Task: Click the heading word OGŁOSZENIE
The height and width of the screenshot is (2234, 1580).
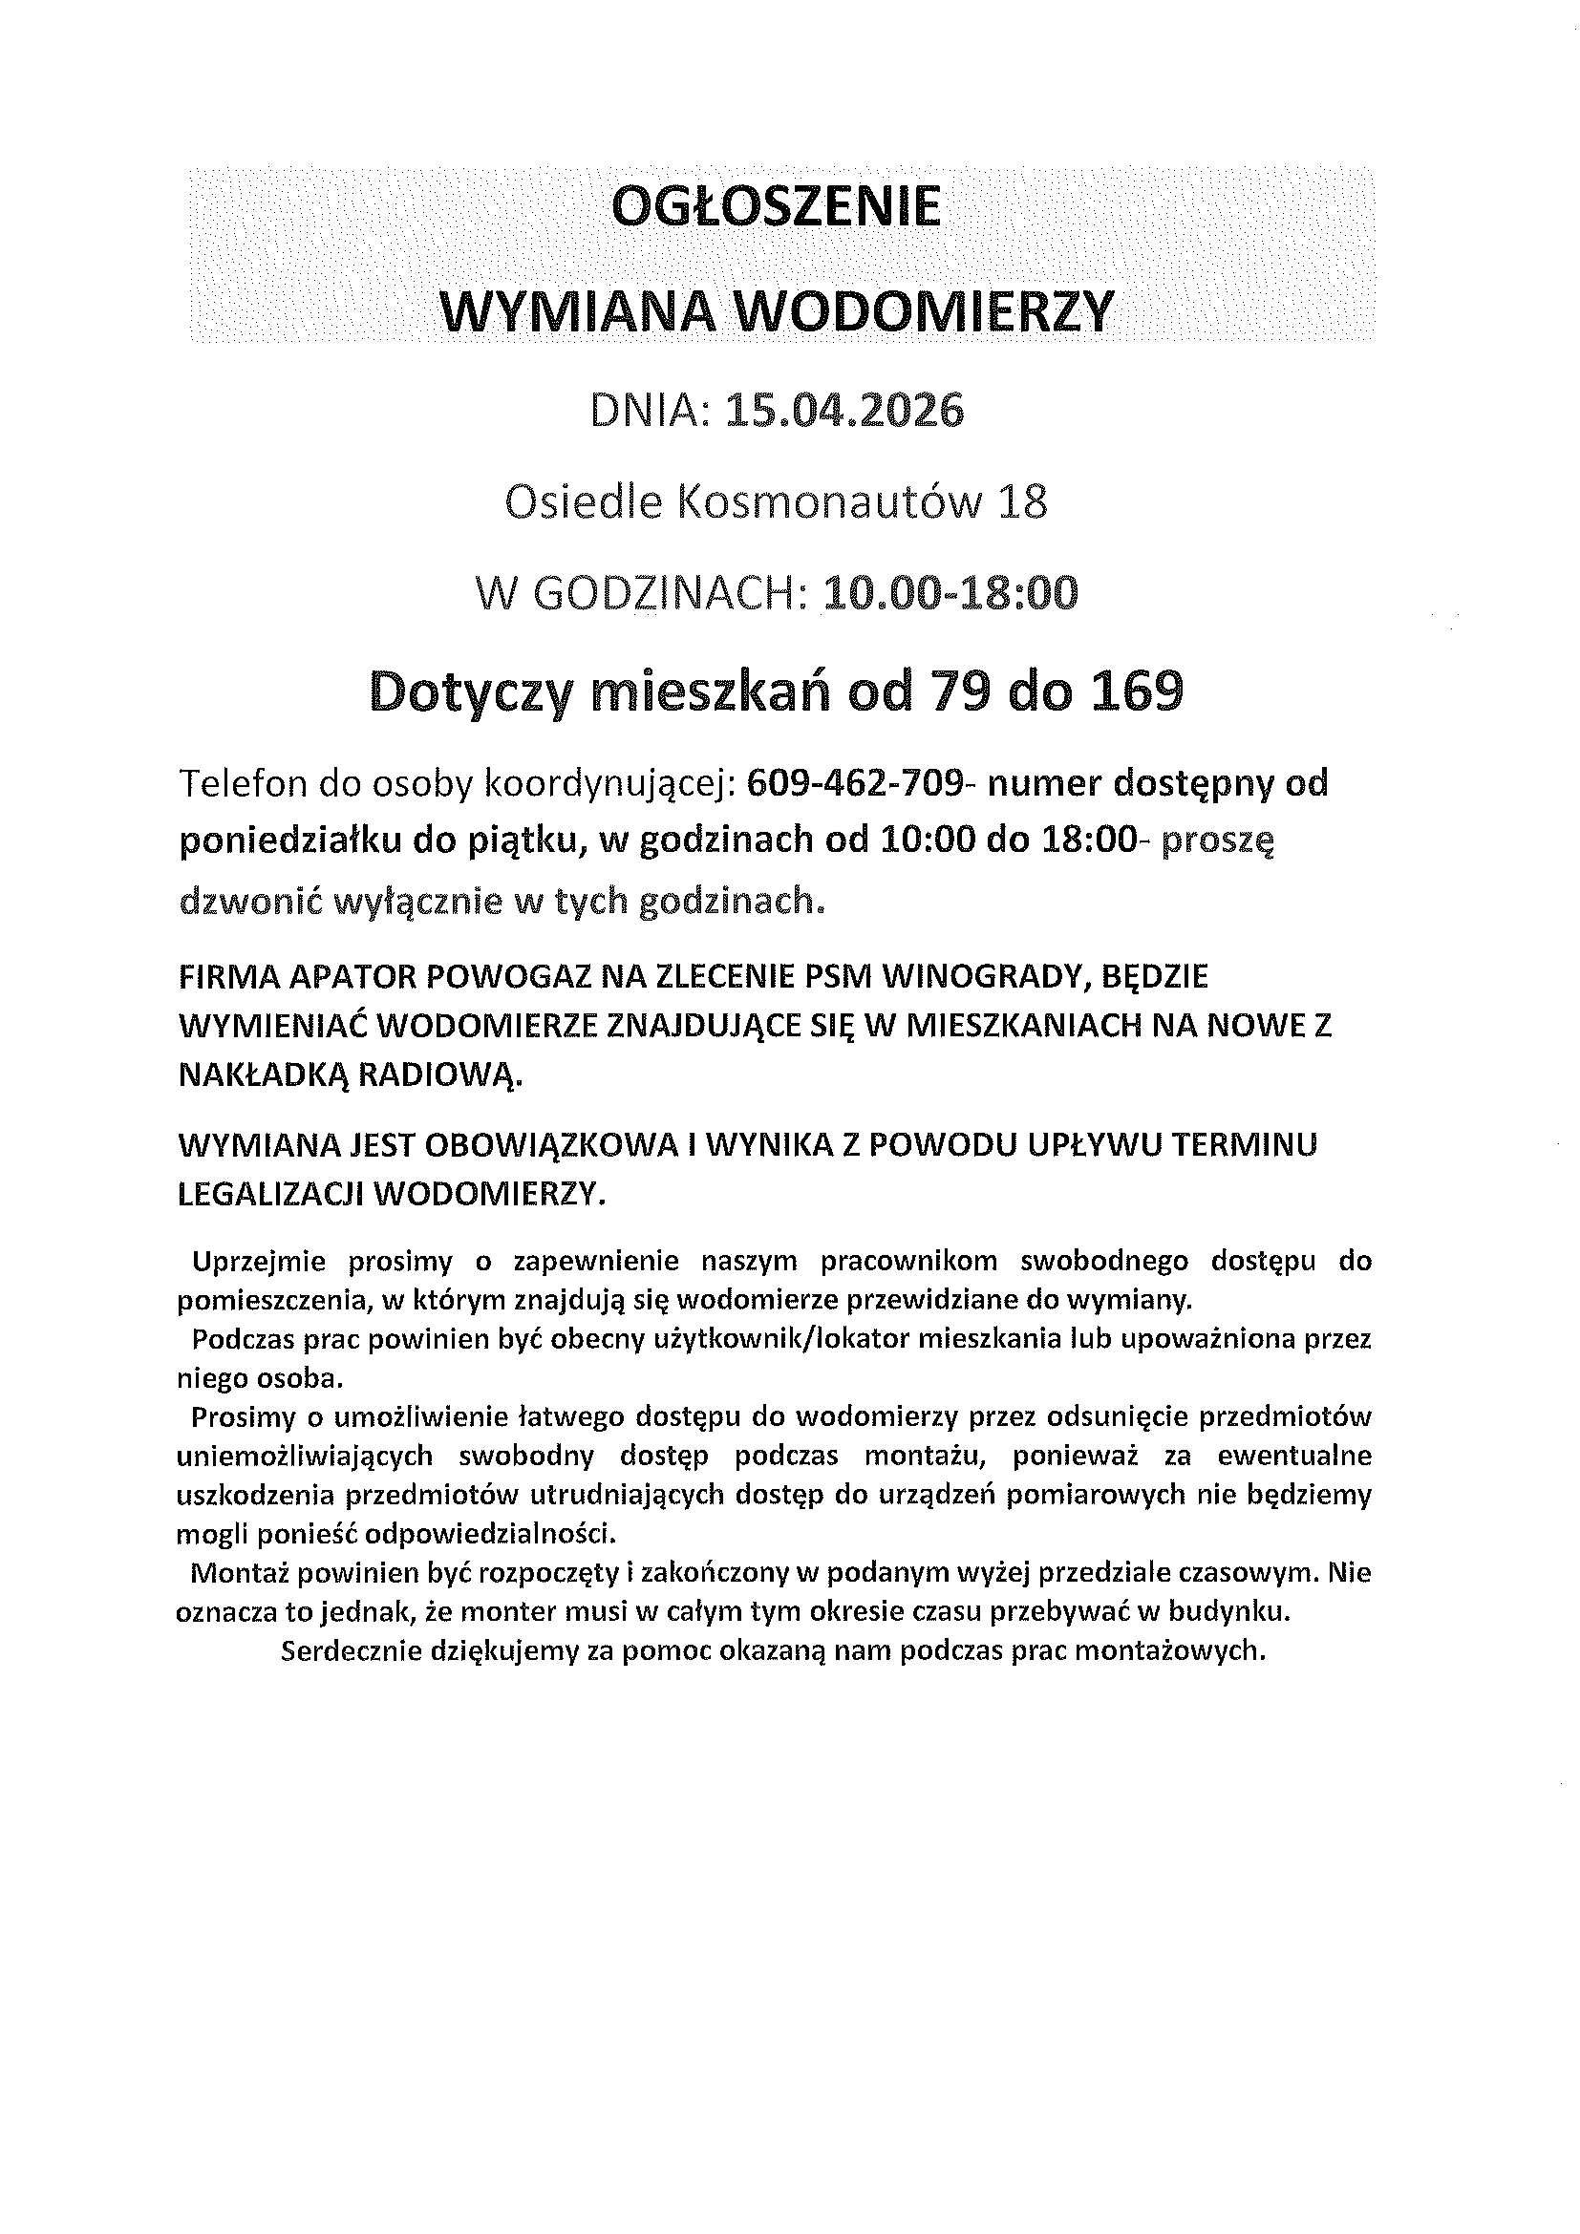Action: coord(778,208)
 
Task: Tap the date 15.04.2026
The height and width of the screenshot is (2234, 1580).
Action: coord(844,411)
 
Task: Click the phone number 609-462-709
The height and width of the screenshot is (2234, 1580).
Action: coord(855,784)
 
